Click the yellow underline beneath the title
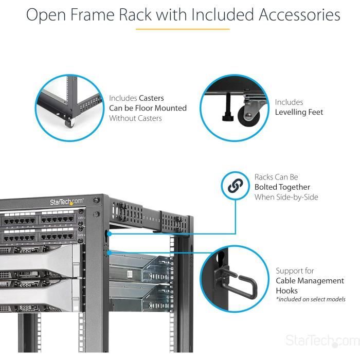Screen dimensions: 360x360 tap(183, 29)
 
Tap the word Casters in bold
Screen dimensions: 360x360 tap(151, 98)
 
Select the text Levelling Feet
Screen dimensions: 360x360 tap(299, 112)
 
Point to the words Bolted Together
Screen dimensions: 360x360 tap(282, 187)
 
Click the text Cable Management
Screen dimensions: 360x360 tap(310, 281)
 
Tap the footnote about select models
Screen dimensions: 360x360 tap(311, 299)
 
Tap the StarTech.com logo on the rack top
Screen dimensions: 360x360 tap(66, 201)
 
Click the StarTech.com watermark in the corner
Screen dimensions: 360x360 tap(322, 341)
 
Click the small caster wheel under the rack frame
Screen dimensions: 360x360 tap(68, 122)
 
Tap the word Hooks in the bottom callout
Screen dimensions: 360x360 tap(286, 291)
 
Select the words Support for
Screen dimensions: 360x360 tap(295, 271)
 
